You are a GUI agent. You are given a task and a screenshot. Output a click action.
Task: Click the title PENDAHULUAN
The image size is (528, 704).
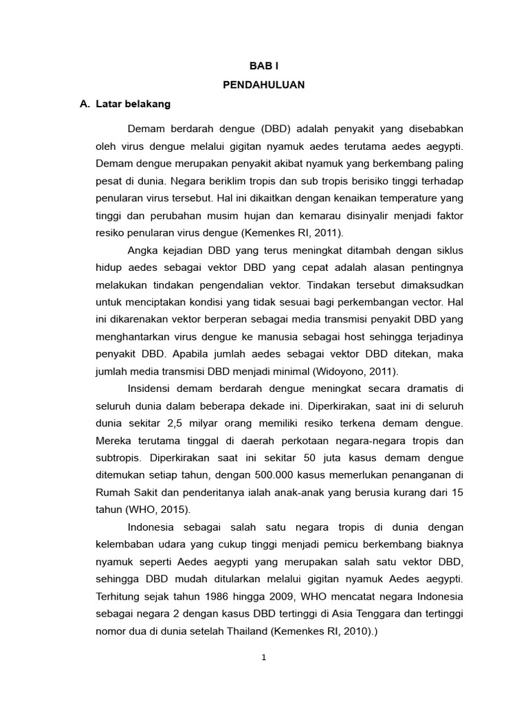[264, 85]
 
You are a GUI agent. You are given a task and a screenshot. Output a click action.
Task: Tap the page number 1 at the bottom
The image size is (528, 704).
[264, 657]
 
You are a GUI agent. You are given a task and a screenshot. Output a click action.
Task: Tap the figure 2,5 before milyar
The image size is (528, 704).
[177, 423]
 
